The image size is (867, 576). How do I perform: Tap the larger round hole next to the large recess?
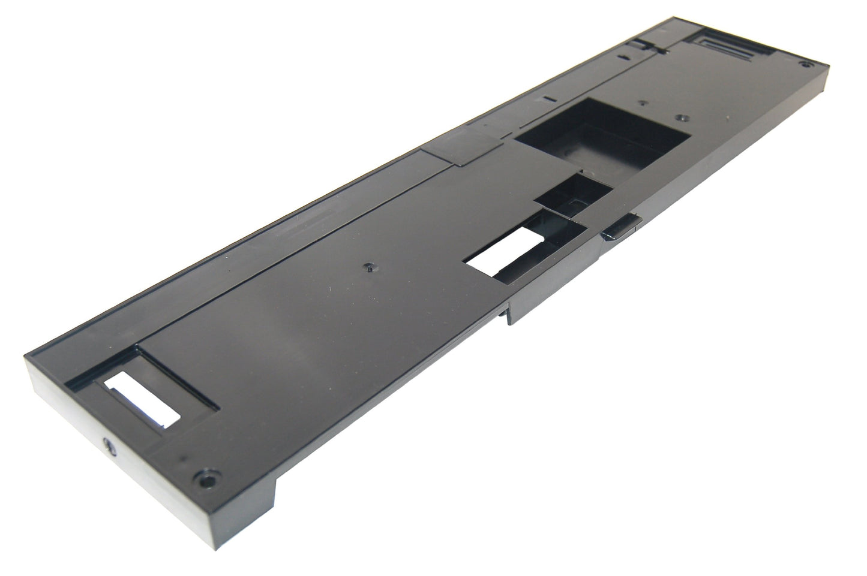[679, 117]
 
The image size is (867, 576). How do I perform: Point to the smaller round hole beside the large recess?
[641, 102]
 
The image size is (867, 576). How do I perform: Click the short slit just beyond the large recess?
[547, 97]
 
